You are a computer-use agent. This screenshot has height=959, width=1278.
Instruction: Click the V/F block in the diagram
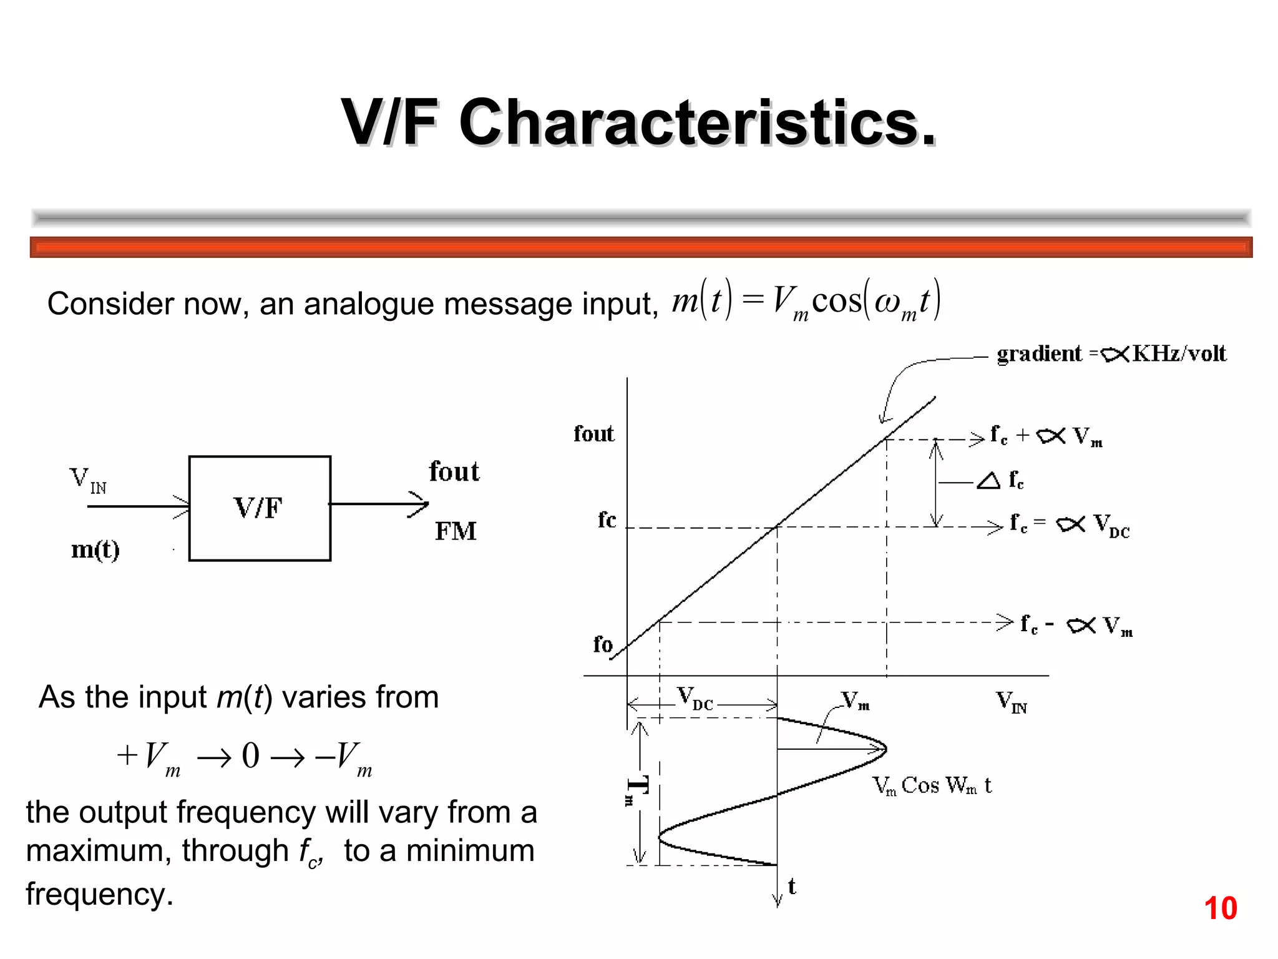click(259, 508)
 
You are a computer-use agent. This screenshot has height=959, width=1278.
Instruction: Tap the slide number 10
click(1220, 908)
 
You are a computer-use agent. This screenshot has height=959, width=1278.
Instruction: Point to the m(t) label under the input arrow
click(95, 550)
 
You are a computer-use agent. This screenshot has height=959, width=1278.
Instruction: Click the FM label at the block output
click(456, 532)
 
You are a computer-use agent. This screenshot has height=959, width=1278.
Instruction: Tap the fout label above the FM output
click(454, 472)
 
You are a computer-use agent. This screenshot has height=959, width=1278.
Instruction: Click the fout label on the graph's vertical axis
click(593, 434)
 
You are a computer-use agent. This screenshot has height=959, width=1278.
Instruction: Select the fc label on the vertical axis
click(607, 520)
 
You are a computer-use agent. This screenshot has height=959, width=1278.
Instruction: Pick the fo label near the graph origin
click(603, 644)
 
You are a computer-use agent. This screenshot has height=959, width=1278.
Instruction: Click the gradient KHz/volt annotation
click(1111, 354)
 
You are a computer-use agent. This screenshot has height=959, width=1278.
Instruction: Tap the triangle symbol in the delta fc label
click(988, 481)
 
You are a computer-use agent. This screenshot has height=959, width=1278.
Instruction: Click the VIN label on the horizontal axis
click(1011, 702)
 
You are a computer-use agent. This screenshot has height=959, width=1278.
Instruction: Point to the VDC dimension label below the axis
click(695, 699)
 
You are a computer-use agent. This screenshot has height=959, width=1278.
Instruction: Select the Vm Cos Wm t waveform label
click(931, 786)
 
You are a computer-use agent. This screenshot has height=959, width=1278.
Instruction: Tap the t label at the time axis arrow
click(792, 887)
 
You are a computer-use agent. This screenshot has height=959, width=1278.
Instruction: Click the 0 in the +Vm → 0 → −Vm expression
click(250, 755)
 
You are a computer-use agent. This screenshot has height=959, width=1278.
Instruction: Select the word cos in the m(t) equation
click(836, 301)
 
